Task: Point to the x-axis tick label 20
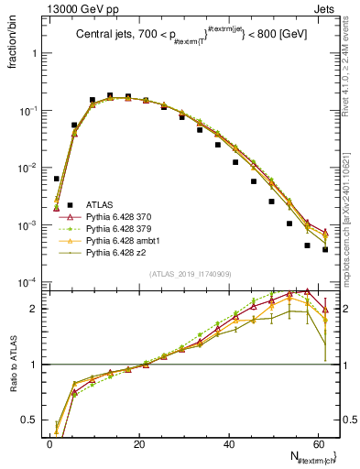click(139, 442)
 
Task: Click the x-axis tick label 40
click(229, 442)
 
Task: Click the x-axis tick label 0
click(49, 442)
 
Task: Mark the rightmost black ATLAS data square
click(325, 249)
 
